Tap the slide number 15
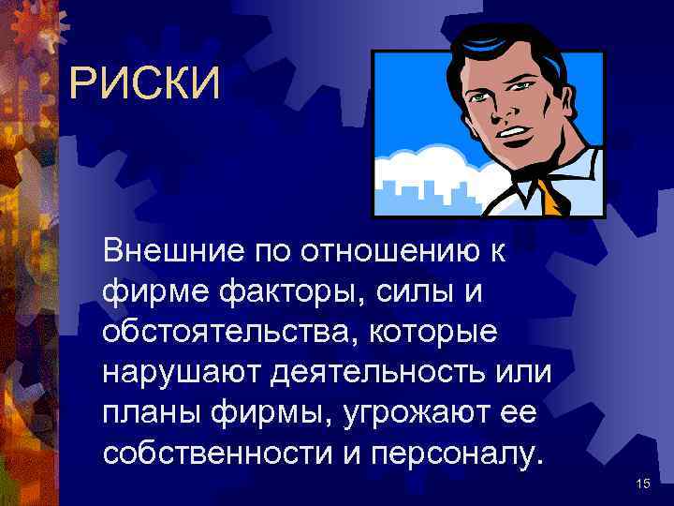(642, 483)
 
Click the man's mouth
(510, 132)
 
